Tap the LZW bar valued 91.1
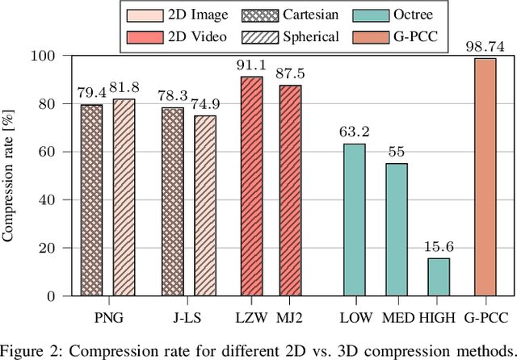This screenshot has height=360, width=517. [x=251, y=186]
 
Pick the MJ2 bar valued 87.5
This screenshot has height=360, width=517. [x=290, y=190]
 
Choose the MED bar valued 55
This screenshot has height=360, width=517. [x=396, y=229]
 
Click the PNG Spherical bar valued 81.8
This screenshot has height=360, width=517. [x=124, y=197]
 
